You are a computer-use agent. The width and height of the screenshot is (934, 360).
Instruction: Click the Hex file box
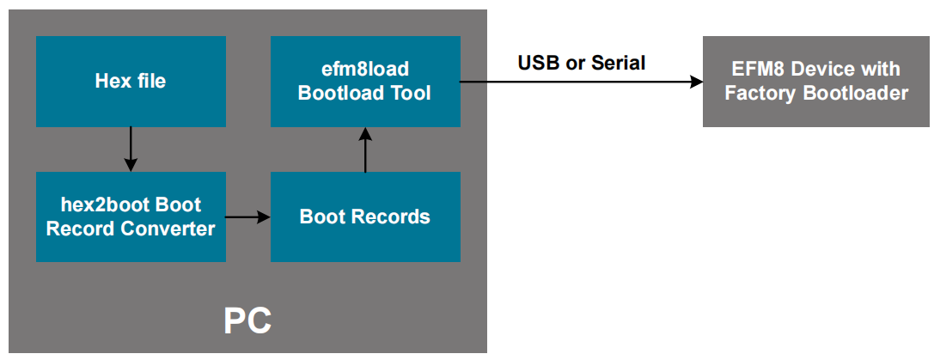point(131,82)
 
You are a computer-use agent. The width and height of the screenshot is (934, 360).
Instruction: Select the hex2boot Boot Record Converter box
point(131,217)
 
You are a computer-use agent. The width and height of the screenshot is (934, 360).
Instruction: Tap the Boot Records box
point(365,217)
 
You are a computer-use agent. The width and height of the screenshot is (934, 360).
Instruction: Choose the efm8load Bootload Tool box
point(365,82)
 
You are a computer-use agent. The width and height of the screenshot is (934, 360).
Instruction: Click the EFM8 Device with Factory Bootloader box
point(816,82)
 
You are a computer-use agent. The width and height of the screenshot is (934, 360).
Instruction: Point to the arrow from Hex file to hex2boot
point(131,149)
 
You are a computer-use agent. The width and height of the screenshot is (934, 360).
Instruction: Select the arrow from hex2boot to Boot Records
point(247,217)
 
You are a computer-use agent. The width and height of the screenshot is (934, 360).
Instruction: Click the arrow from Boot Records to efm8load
point(365,149)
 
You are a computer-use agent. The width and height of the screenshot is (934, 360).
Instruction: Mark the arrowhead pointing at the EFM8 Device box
point(695,82)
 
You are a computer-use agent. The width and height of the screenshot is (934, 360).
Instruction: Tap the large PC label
point(247,320)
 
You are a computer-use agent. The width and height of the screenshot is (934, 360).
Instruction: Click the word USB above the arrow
point(539,63)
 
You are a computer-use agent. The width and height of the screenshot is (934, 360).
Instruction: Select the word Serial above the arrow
point(619,63)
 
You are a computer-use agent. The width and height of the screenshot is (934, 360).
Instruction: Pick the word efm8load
point(365,70)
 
